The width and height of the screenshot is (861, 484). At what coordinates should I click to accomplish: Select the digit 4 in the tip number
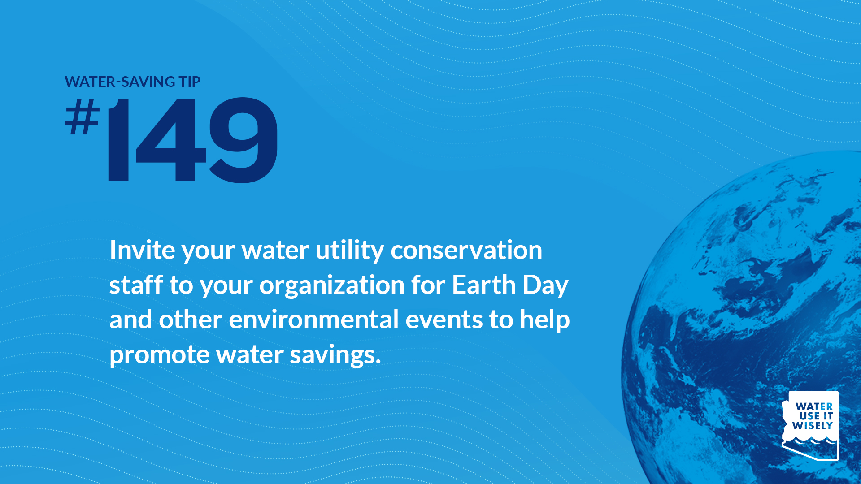(170, 140)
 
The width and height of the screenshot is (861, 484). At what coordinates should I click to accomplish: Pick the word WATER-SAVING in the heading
(120, 82)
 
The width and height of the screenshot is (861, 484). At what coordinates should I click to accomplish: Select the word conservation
(466, 250)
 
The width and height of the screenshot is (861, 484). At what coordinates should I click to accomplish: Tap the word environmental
(314, 320)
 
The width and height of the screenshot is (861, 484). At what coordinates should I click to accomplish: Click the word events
(444, 320)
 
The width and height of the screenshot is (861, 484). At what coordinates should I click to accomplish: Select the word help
(545, 320)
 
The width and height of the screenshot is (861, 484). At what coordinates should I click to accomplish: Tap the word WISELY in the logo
(813, 425)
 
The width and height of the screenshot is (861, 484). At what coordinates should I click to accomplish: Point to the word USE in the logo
(809, 416)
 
